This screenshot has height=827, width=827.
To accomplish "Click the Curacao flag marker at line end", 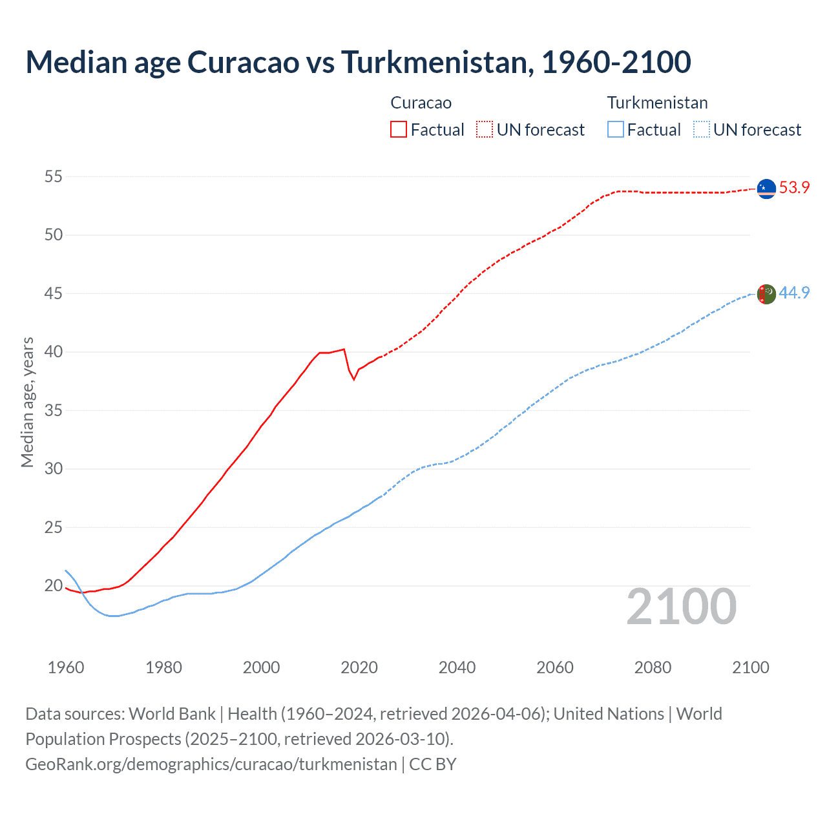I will point(766,189).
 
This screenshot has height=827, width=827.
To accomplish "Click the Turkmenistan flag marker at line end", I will point(766,294).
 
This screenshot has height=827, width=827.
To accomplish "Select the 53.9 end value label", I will point(794,188).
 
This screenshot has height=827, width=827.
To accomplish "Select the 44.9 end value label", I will point(794,293).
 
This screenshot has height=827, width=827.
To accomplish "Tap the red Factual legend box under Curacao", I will point(399,129).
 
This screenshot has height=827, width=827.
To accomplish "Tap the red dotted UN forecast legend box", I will point(485,129).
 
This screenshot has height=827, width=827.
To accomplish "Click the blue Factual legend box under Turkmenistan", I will point(616,129).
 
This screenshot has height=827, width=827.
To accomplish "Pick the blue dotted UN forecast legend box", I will point(701,129).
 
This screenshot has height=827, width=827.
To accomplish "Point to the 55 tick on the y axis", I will point(54,176).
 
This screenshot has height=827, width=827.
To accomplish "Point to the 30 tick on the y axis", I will point(54,468).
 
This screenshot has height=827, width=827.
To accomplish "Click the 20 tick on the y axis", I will point(54,586).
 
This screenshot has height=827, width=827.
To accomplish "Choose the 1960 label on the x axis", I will point(66,667).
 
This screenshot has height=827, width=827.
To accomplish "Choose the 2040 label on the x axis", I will point(457,667).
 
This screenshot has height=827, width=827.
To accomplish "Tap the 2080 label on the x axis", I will point(653,667).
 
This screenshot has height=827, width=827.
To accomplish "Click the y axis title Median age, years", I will point(27,402).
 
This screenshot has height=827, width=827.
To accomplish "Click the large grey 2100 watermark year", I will point(681,607).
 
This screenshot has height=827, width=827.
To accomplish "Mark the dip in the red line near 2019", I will point(353,379).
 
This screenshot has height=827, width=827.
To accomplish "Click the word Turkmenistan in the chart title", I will point(437,62).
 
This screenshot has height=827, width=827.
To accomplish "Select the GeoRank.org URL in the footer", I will point(211,764).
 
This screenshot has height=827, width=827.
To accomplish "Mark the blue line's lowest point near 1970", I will point(114,616).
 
